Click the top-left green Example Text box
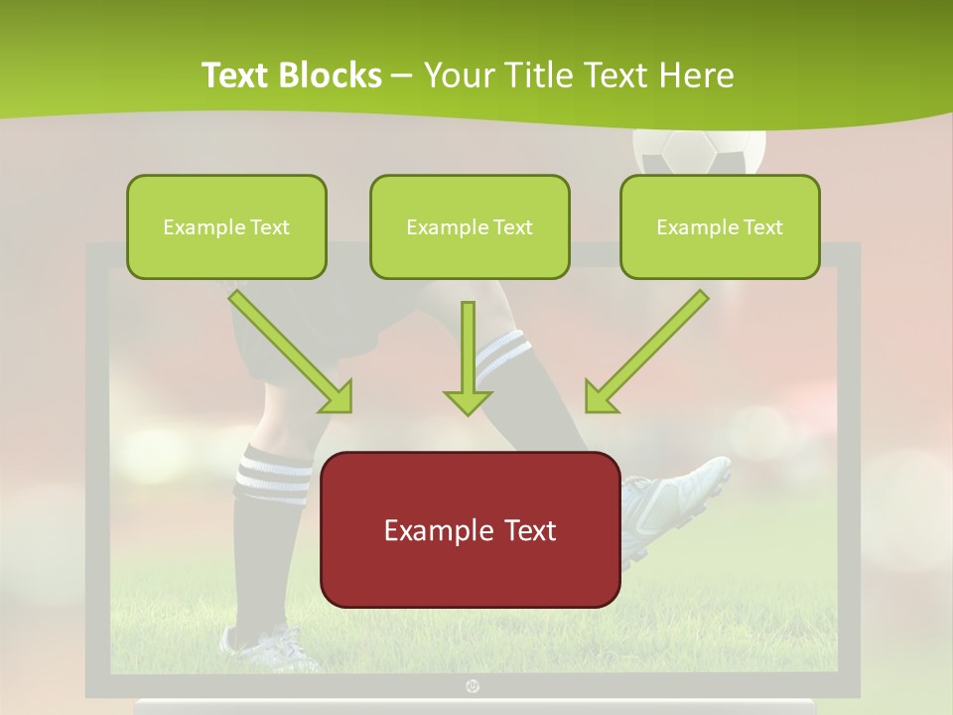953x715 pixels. coord(226,226)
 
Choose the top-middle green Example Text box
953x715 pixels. coord(470,226)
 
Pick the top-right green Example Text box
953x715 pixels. coord(720,226)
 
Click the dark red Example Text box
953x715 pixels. coord(470,529)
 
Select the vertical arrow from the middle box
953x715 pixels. coord(468,357)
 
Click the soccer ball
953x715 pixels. coord(700,149)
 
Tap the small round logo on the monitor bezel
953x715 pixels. coord(472,685)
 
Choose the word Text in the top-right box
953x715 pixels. coord(761,226)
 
